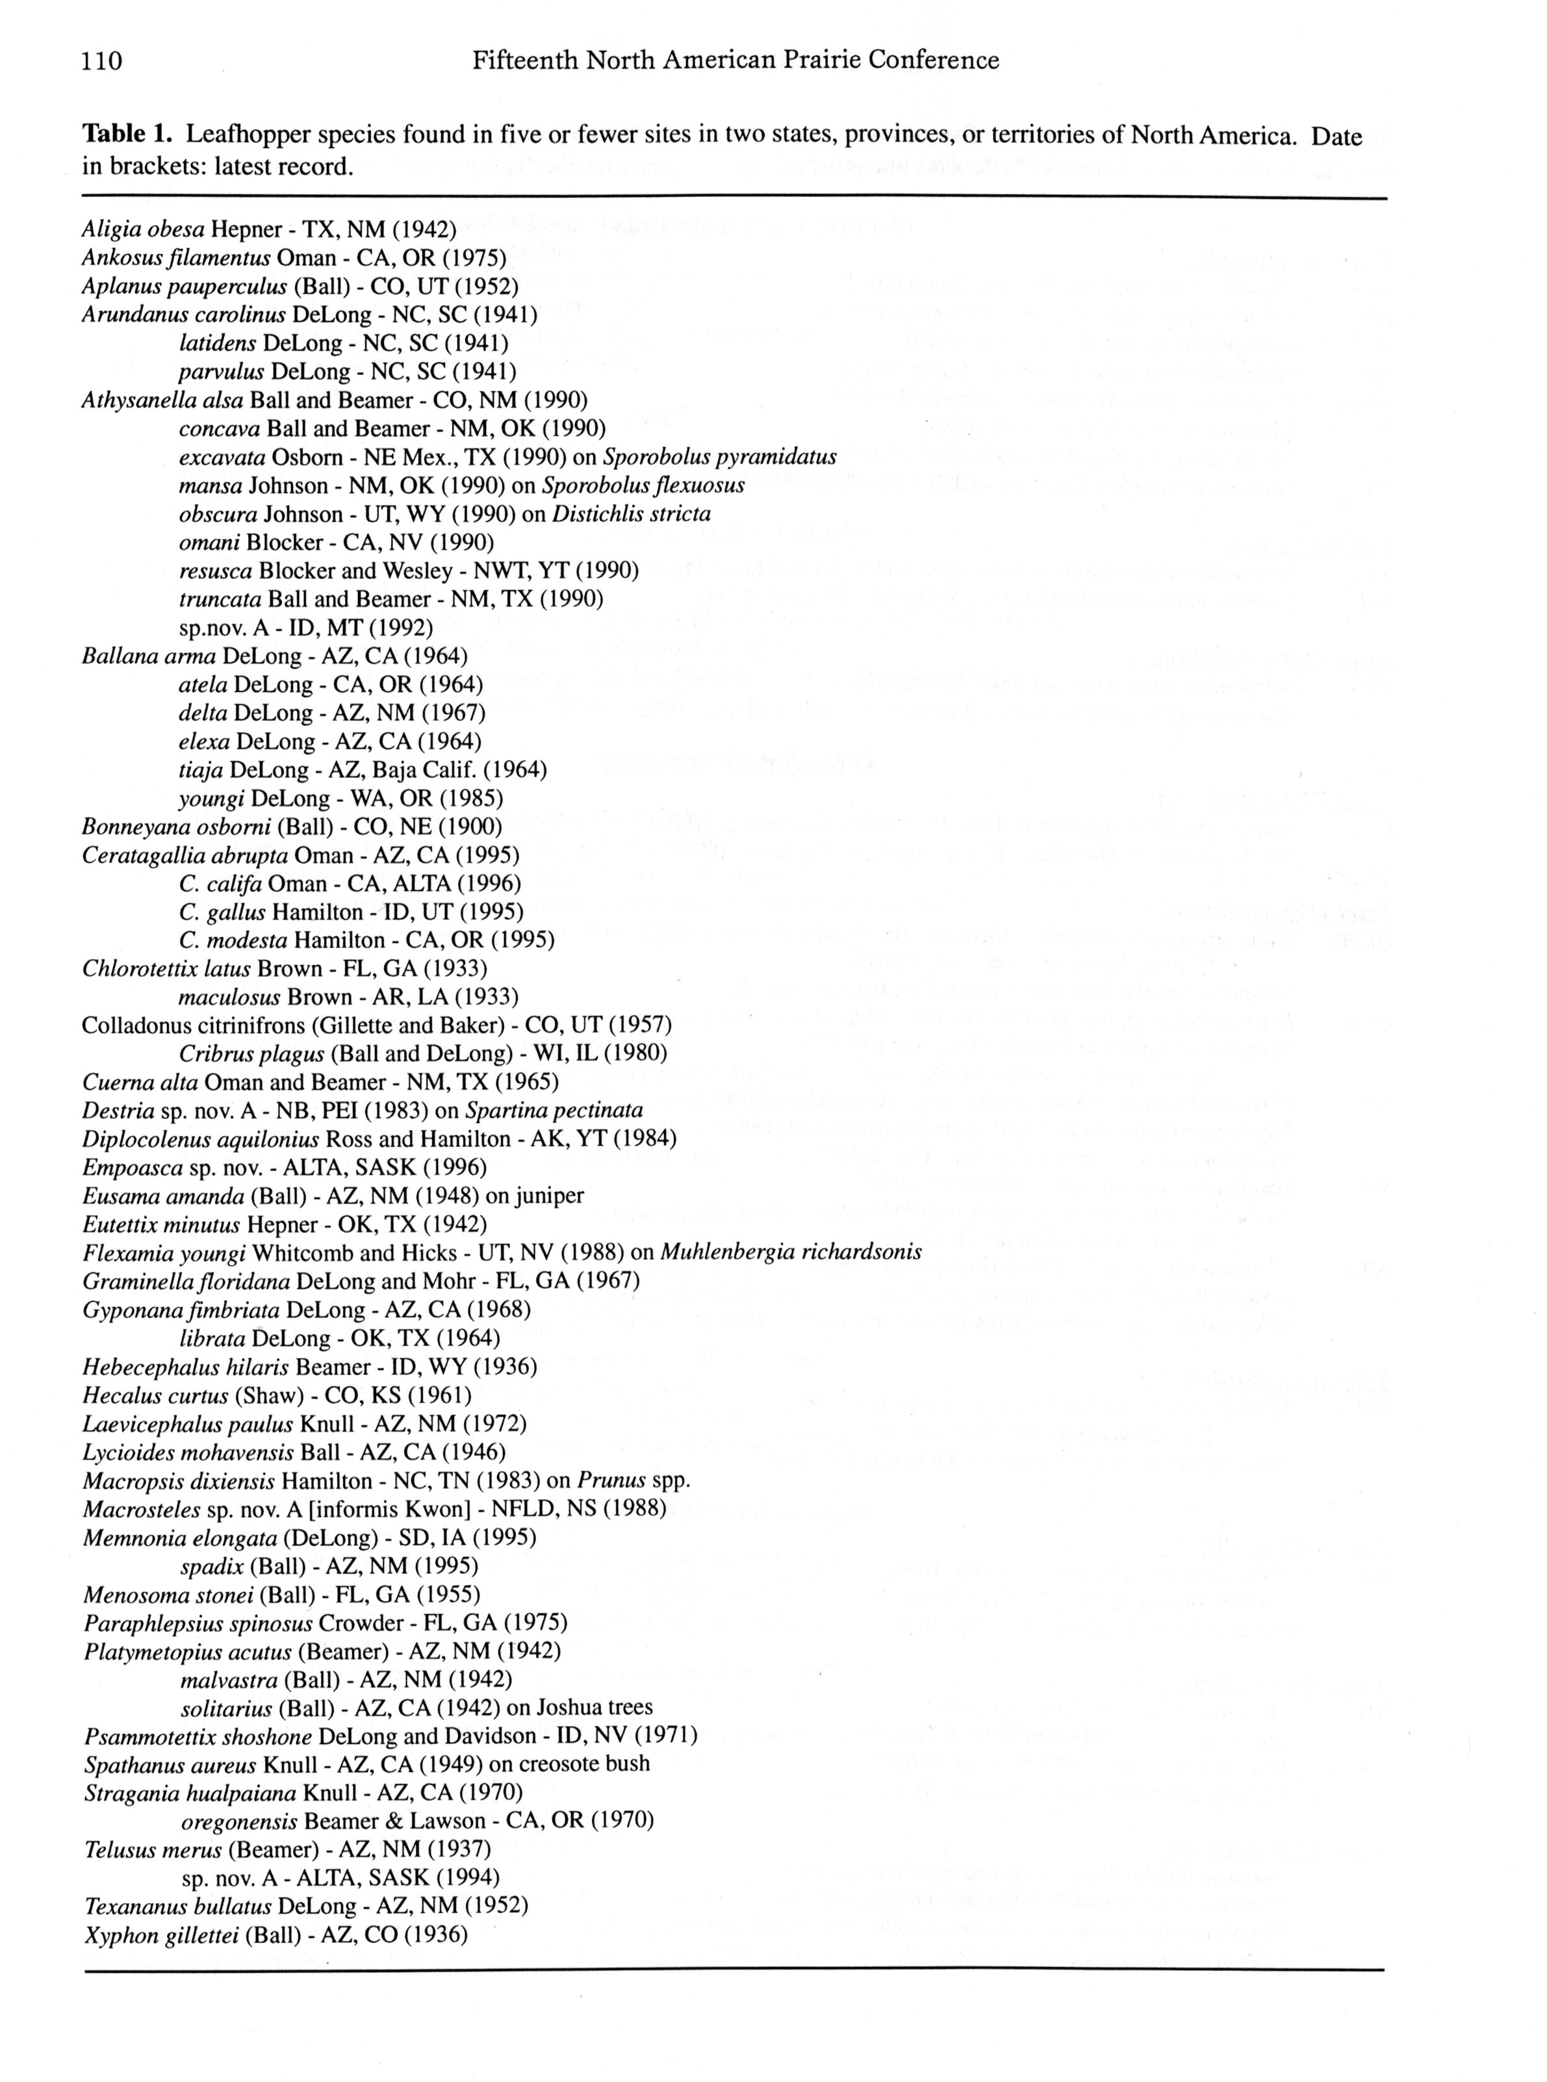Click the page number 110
(x=102, y=61)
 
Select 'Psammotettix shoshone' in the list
(x=198, y=1736)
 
